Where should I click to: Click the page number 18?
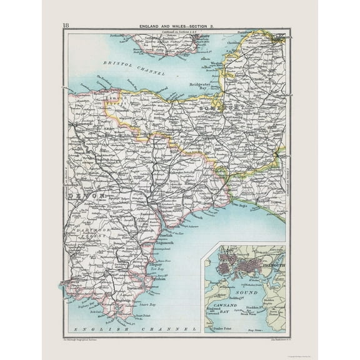(x=66, y=26)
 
